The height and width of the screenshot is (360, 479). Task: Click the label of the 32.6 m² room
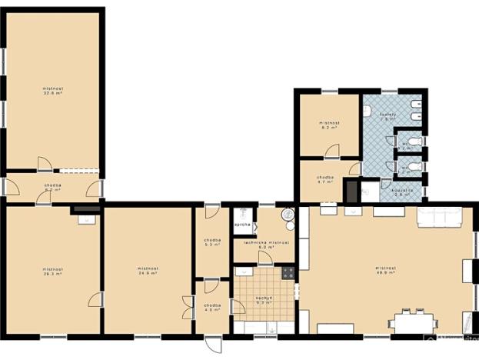coord(53,92)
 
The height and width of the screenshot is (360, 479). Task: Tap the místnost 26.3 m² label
coord(53,271)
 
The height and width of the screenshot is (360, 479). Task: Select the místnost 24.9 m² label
coord(148,271)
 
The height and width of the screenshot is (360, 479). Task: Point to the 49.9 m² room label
coord(387,269)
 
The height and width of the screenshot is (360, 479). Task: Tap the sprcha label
coord(240,225)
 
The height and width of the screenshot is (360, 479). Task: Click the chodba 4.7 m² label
coord(325,178)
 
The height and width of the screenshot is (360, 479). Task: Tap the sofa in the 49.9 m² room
coord(439,218)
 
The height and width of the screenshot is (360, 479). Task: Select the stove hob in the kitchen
coord(288,272)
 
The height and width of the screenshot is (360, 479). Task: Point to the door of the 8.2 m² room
coord(353,168)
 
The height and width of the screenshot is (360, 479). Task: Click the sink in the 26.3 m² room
coord(87,218)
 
